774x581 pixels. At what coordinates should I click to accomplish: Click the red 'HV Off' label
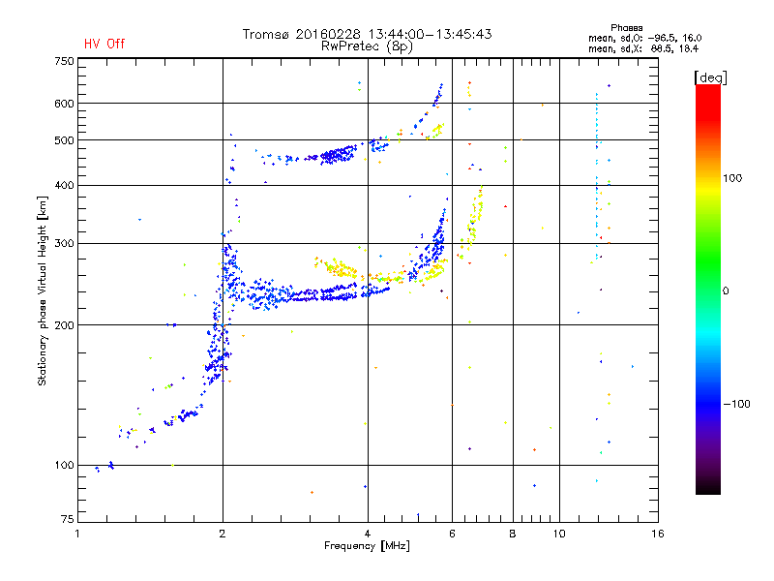click(x=104, y=44)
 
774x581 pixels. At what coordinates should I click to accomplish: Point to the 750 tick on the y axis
click(x=64, y=61)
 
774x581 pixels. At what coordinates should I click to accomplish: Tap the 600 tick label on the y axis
click(x=64, y=104)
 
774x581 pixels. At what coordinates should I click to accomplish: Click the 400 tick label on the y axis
click(x=64, y=185)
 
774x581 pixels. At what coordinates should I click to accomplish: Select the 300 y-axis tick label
click(x=64, y=243)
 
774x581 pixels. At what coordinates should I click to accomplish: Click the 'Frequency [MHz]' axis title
click(x=367, y=546)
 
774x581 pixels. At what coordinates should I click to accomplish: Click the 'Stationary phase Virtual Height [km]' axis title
click(x=43, y=290)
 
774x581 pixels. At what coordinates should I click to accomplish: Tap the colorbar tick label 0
click(x=726, y=290)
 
